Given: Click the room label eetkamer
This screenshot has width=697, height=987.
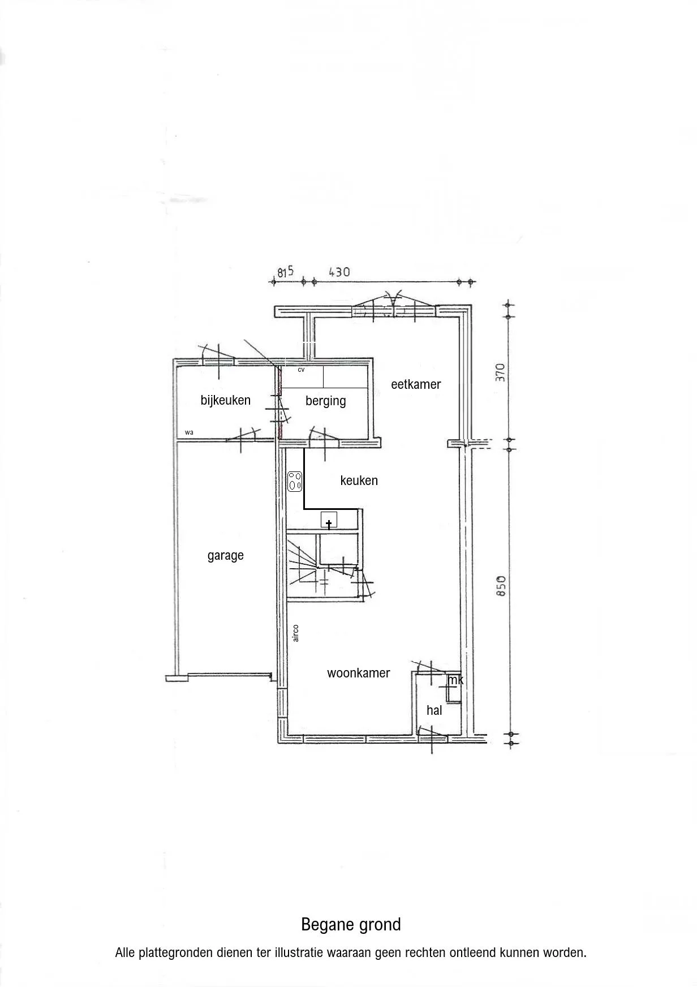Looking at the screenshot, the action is pyautogui.click(x=416, y=384).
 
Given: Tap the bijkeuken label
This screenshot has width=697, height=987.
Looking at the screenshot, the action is pyautogui.click(x=225, y=400).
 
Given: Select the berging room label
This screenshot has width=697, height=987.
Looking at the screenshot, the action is pyautogui.click(x=325, y=401).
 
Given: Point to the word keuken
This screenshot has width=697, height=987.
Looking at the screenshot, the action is pyautogui.click(x=359, y=480).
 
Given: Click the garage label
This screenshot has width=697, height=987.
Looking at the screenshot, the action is pyautogui.click(x=225, y=556).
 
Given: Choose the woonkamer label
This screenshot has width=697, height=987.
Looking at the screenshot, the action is pyautogui.click(x=358, y=673).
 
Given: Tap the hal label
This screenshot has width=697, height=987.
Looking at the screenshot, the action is pyautogui.click(x=434, y=710).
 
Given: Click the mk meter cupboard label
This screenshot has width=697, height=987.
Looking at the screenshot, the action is pyautogui.click(x=455, y=680).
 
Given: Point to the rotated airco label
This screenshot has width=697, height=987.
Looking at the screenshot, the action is pyautogui.click(x=295, y=633).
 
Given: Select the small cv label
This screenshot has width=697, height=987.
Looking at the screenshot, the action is pyautogui.click(x=301, y=370).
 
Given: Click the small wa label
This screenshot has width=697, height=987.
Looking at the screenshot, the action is pyautogui.click(x=189, y=432).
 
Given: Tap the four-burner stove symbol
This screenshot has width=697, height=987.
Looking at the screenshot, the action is pyautogui.click(x=295, y=482).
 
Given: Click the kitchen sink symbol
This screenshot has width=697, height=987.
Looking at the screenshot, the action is pyautogui.click(x=329, y=520).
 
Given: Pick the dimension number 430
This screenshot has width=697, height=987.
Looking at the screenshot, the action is pyautogui.click(x=339, y=272).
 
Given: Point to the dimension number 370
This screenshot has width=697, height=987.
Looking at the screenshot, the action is pyautogui.click(x=500, y=373).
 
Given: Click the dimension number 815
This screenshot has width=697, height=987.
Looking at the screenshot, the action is pyautogui.click(x=286, y=272).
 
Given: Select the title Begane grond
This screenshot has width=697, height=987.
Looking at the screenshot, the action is pyautogui.click(x=351, y=924).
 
